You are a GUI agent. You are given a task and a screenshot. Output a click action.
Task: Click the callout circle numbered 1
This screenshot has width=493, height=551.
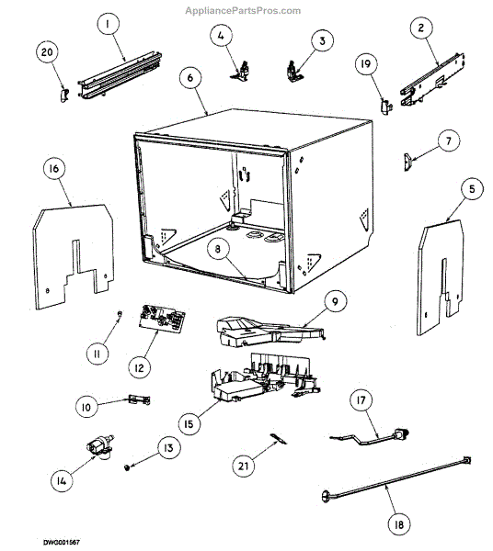click(108, 24)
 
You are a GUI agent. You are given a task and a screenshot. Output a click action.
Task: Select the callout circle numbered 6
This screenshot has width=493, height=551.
click(190, 77)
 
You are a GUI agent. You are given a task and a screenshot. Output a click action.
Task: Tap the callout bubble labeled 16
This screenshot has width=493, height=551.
click(54, 169)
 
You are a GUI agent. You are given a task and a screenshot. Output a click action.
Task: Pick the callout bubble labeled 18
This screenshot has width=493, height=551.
click(398, 525)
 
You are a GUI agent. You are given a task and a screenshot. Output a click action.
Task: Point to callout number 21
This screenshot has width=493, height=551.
click(244, 466)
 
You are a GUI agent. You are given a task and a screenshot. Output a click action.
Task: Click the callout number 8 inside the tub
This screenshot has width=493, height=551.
click(218, 249)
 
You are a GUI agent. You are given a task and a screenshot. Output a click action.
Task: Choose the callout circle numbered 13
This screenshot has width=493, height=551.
click(169, 448)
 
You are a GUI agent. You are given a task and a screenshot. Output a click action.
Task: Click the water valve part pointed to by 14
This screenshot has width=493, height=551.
click(100, 447)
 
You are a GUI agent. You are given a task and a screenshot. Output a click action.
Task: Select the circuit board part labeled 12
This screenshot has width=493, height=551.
click(162, 319)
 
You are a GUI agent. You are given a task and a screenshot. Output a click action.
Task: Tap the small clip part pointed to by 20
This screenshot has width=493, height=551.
click(63, 96)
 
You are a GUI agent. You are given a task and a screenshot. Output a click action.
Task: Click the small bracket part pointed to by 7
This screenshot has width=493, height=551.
click(408, 162)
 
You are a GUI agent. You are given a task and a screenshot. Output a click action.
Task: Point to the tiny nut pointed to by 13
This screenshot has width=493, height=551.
click(127, 467)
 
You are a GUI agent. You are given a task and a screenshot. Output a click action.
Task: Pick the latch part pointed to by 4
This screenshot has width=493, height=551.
click(241, 72)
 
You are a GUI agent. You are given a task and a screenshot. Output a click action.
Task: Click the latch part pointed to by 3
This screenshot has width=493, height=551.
click(292, 72)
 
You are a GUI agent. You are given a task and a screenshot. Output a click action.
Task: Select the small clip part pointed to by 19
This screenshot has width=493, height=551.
click(386, 107)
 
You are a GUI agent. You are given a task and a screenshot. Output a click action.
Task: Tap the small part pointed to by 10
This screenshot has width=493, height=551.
click(139, 399)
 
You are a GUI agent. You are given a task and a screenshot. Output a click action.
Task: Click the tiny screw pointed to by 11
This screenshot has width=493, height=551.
click(120, 314)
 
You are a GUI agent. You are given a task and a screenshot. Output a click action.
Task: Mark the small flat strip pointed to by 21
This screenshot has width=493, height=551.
click(278, 439)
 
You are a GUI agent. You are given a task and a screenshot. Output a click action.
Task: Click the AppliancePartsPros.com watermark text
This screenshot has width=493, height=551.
click(243, 11)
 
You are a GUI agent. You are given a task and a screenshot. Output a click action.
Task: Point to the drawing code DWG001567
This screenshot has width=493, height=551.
click(62, 543)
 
